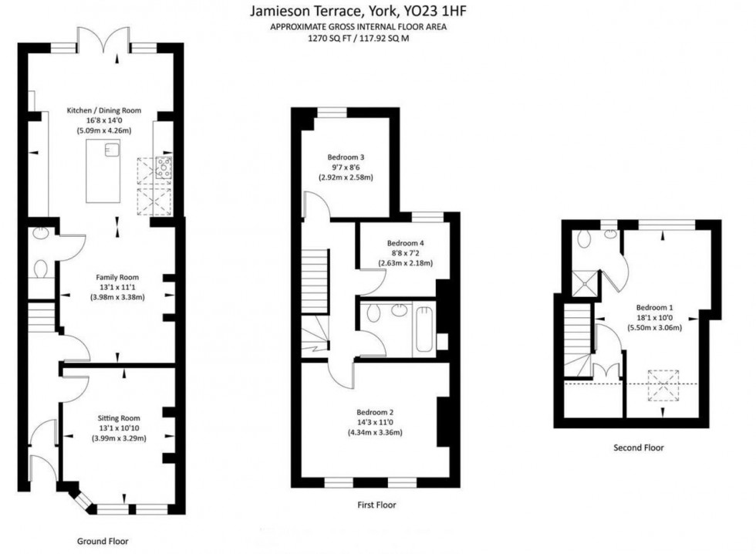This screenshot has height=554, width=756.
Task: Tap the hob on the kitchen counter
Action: pos(164,167)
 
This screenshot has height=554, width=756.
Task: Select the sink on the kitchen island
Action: pos(113,150)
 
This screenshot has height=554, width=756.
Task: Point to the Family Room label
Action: pos(116,276)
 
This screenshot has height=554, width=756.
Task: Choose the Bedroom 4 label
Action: pos(405,243)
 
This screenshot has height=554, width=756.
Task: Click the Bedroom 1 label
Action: pos(653,306)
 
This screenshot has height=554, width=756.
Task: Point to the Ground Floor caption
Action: pos(103,541)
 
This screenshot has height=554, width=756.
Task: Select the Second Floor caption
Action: pos(638,448)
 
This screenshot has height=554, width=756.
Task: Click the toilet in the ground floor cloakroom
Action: pos(40,269)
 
